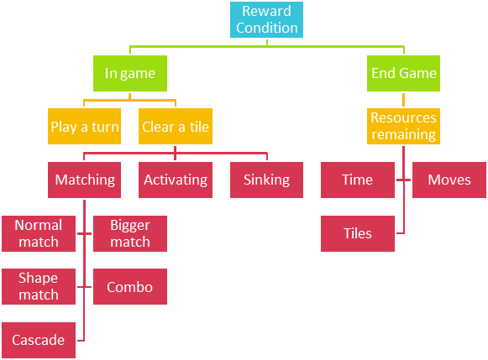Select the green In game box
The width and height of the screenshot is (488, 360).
tap(129, 73)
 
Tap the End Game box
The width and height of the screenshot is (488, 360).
tap(403, 73)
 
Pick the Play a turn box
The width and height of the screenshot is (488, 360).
tap(84, 127)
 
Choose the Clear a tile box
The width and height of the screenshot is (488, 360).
tap(176, 127)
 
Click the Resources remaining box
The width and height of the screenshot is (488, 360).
tap(403, 127)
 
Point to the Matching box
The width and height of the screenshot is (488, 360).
tap(84, 180)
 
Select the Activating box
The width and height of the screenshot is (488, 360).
tap(176, 180)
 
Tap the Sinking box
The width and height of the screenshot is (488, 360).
tap(266, 180)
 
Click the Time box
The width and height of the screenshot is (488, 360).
tap(357, 180)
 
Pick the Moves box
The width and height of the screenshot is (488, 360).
tap(449, 180)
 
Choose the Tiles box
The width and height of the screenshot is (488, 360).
tap(357, 233)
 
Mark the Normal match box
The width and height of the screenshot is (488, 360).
tap(39, 233)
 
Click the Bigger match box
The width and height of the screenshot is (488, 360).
tap(129, 233)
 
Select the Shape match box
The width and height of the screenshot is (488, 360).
tap(39, 286)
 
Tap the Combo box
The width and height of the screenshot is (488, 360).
tap(129, 287)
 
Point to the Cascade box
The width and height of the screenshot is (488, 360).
tap(39, 340)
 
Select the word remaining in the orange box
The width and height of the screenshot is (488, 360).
tap(405, 134)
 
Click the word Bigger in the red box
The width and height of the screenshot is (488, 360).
tap(130, 225)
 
